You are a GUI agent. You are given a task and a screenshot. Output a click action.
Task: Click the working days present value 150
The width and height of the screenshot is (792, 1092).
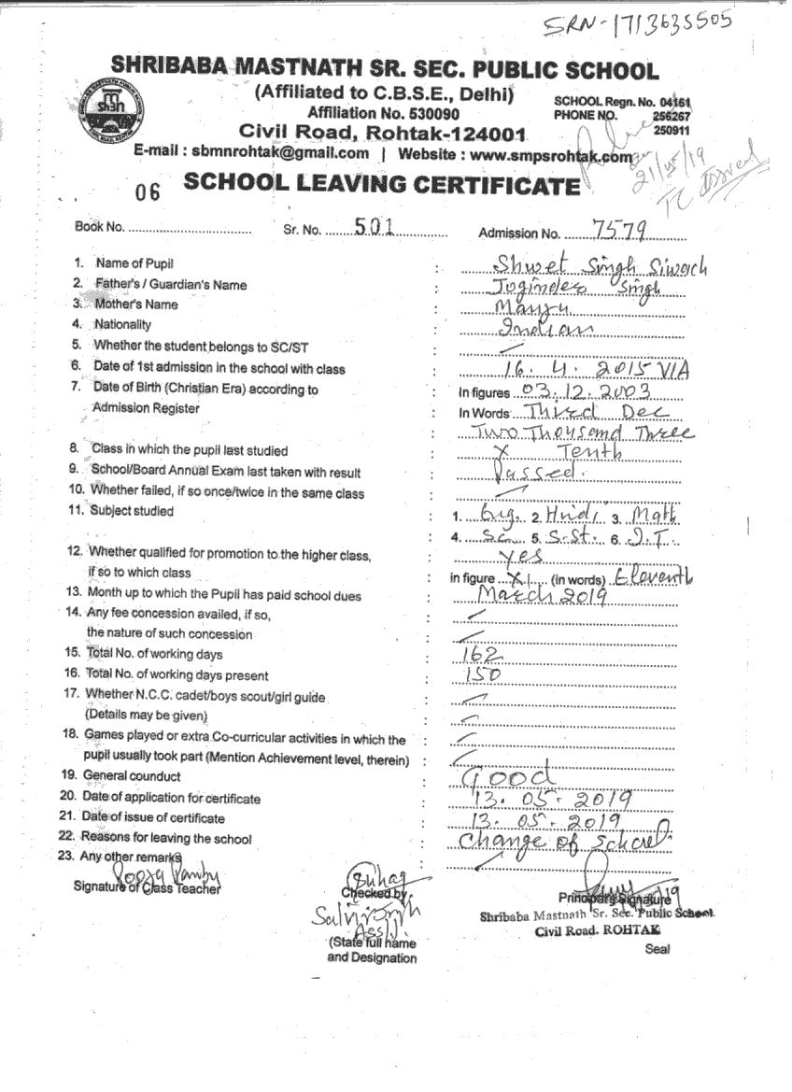pos(482,674)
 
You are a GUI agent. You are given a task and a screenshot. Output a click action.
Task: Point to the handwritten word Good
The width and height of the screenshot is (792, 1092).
pos(507,777)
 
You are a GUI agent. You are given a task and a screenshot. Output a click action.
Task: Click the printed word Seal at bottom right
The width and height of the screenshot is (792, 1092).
pos(658,949)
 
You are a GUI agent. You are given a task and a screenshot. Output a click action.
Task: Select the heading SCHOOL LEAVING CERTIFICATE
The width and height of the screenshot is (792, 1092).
pos(381,184)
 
